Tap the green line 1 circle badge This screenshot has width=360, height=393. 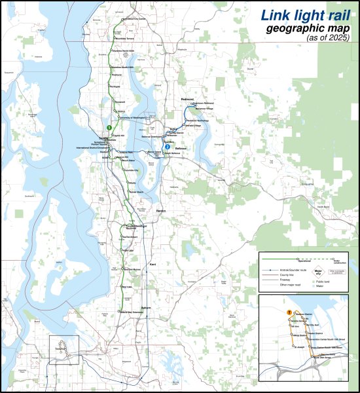click(x=109, y=127)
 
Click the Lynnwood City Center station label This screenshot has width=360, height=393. click(x=134, y=20)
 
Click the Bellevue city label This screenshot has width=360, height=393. click(x=181, y=149)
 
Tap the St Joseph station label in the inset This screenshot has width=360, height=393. click(x=300, y=346)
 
